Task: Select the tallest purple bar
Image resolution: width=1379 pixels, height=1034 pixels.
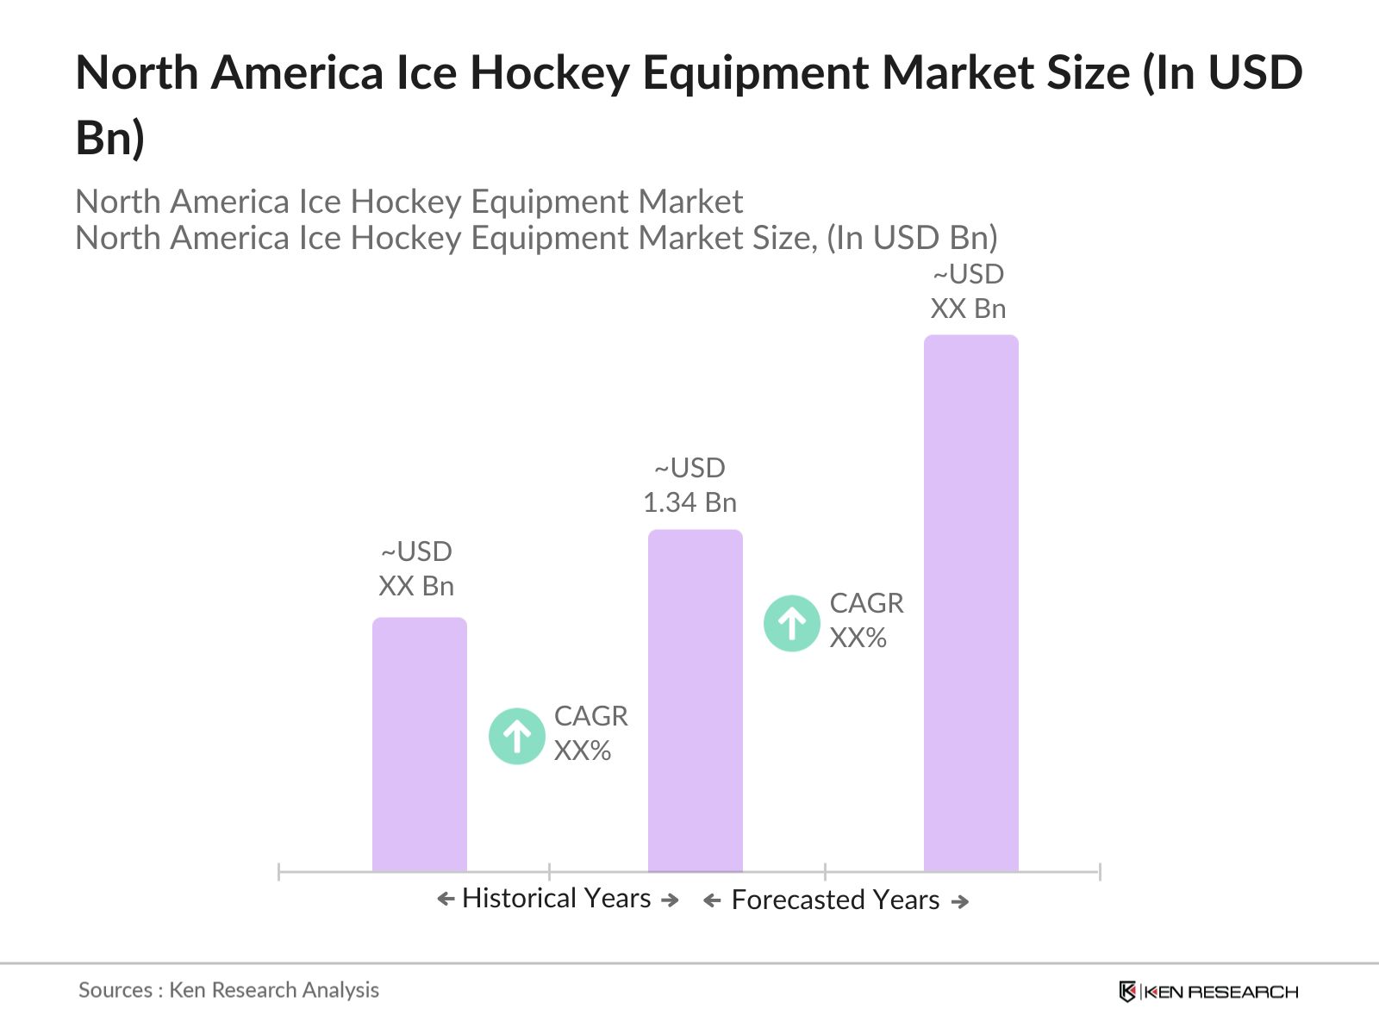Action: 970,603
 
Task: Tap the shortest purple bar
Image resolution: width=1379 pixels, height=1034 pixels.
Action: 419,744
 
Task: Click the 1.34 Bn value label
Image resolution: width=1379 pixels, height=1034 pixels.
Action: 689,502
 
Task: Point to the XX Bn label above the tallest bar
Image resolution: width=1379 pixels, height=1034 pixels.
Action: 968,308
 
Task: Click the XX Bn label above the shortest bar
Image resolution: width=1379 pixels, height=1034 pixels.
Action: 416,586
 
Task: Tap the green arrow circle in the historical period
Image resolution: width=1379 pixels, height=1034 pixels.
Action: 517,736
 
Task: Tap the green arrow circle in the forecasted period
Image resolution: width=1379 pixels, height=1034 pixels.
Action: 791,623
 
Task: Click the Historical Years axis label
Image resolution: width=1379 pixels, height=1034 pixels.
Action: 556,899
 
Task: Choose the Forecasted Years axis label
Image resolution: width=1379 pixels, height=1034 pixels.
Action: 835,900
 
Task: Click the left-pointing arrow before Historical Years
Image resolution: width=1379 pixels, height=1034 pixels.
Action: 446,900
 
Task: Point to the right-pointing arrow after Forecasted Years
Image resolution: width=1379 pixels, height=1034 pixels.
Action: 960,902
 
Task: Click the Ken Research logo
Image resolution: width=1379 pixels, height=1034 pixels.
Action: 1208,992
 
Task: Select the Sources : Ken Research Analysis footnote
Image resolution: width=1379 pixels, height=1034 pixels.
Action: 228,990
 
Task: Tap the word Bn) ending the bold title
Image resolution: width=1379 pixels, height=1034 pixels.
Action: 109,138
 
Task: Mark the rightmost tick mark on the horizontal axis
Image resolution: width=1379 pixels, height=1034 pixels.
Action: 1100,872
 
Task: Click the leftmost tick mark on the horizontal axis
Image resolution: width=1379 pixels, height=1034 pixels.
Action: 279,872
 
